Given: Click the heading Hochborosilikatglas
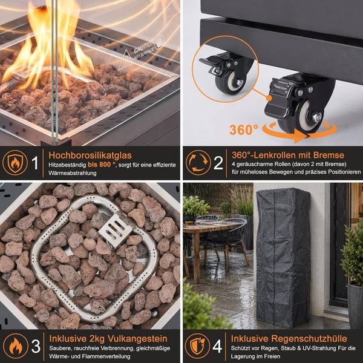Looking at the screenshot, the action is [x=90, y=155].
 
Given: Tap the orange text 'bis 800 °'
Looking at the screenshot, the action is [x=102, y=165].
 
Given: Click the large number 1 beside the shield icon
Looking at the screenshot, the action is [x=34, y=163].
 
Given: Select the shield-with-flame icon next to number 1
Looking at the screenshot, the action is [x=15, y=163].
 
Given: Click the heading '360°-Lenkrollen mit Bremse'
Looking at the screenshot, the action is [x=288, y=155].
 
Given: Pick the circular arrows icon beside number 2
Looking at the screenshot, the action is [x=198, y=163].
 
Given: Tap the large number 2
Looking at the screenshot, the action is [x=218, y=163].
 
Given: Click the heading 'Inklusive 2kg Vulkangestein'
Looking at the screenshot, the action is [x=108, y=338].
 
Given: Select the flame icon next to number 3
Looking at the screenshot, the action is [x=16, y=346].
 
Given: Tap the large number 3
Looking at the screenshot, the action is [x=36, y=346].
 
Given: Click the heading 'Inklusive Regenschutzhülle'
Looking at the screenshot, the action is [x=289, y=338].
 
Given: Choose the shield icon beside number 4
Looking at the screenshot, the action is [x=197, y=346].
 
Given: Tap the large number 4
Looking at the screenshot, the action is [x=217, y=346].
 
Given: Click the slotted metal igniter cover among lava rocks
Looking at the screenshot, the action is [x=115, y=230].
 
